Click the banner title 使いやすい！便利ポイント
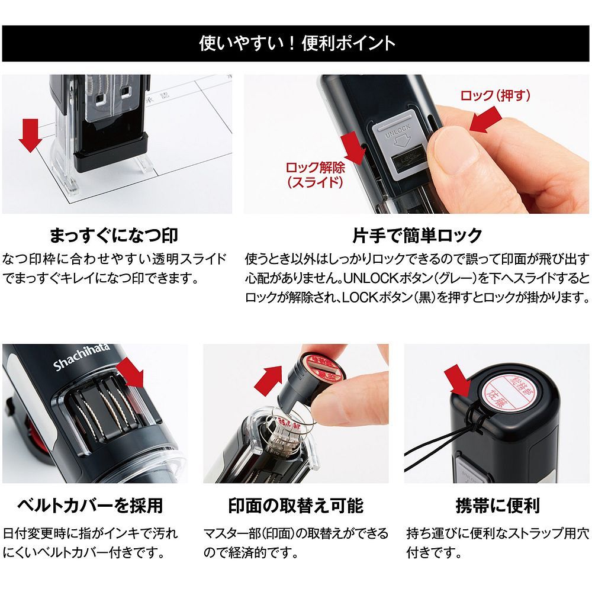coord(296,43)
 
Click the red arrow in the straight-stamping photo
coord(30,135)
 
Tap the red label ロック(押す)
coord(495,95)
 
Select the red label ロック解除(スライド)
coord(315,175)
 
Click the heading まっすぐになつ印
coord(114,236)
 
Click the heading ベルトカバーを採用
coord(89,506)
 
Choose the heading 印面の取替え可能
coord(295,506)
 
